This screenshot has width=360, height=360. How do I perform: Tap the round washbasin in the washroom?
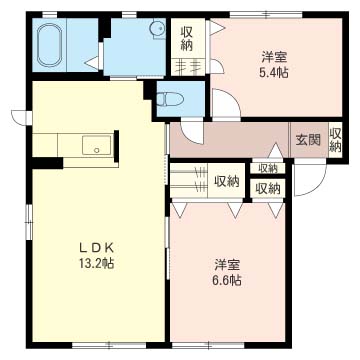pos(157,28)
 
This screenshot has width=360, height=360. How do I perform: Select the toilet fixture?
pos(170,99)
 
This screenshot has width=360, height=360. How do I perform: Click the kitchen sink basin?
pos(96,145)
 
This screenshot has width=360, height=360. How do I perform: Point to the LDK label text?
pos(96,247)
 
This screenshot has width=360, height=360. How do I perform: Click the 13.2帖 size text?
pos(96,264)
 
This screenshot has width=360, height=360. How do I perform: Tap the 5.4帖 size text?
pos(274,72)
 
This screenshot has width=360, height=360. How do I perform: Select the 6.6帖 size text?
pos(227,280)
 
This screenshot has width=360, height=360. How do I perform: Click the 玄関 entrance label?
pos(308,140)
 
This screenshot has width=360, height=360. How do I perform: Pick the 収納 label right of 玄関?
pos(335,140)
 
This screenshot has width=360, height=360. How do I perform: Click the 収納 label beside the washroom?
pos(187,39)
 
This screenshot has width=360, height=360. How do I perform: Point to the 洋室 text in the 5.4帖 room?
pos(274,58)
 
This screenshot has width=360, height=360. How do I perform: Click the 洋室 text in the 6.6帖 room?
pos(227,265)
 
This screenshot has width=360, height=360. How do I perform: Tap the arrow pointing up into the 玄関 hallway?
pos(276,150)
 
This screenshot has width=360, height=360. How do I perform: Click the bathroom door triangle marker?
pos(92,62)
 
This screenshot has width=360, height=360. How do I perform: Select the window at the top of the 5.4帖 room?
pos(266,14)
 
